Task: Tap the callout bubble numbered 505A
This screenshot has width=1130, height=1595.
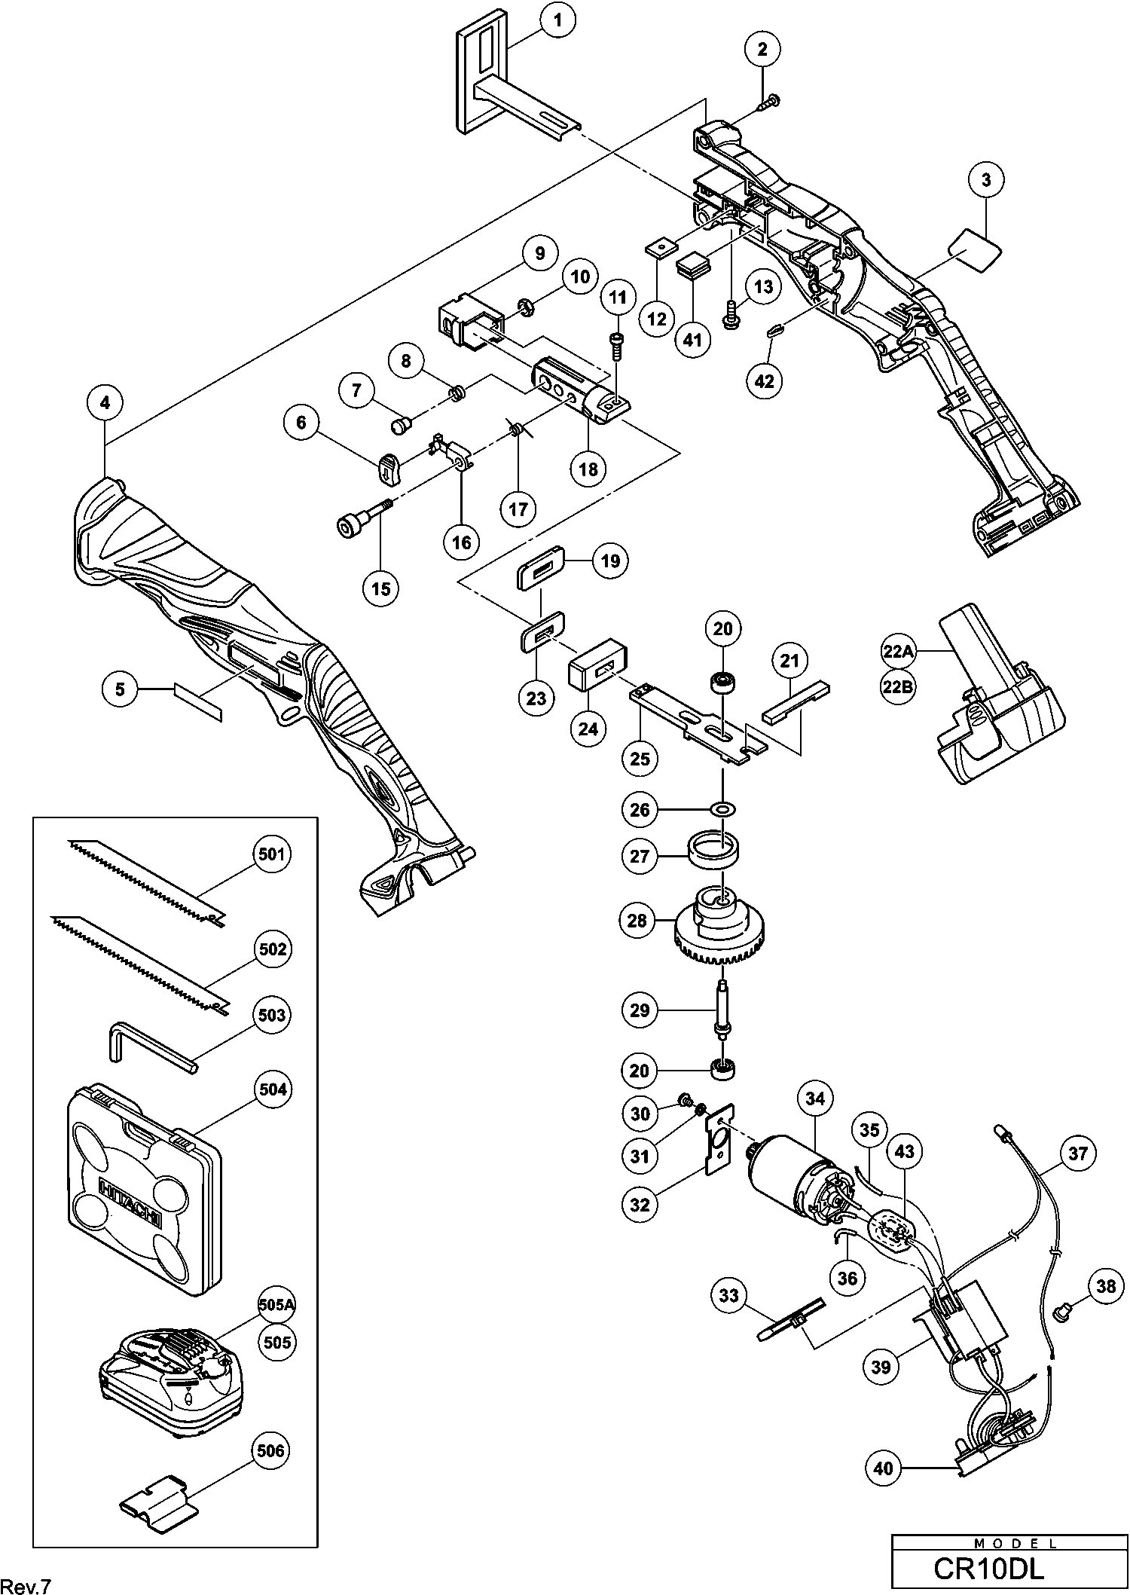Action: coord(276,1306)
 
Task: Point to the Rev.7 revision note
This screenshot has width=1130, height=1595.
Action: coord(26,1581)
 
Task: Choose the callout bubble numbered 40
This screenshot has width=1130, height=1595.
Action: coord(884,1468)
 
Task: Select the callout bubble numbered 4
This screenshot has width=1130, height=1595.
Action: coord(105,403)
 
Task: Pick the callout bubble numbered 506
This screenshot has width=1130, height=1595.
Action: coord(270,1450)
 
